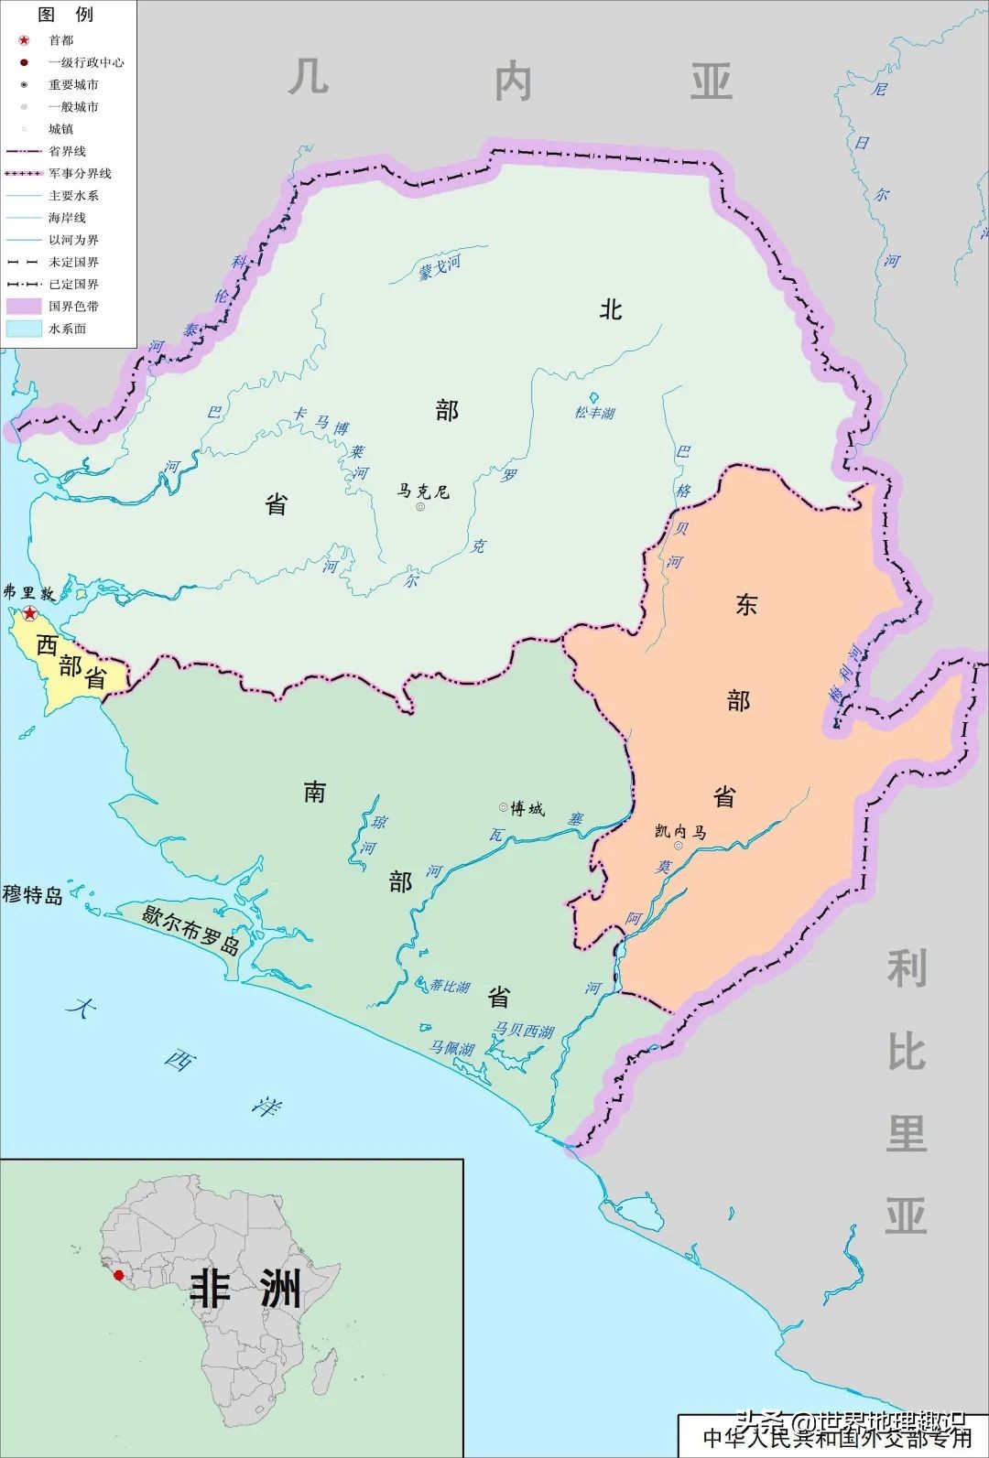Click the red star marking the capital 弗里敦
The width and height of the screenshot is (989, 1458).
coord(30,612)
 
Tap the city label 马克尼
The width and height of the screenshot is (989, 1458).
coord(423,491)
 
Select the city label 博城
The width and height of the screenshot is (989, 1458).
coord(527,808)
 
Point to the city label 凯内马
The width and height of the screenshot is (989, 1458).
coord(680,831)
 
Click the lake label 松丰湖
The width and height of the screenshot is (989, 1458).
coord(594,413)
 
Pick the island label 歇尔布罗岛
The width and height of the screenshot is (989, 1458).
coord(190,929)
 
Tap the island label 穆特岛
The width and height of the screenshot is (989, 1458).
coord(32,894)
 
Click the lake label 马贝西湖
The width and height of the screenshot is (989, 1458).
coord(524,1031)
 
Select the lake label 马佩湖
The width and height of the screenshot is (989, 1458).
coord(452,1048)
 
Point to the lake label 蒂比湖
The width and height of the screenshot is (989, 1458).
coord(450,986)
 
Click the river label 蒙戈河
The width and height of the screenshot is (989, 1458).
coord(440,268)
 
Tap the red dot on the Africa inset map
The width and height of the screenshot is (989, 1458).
coord(117,1274)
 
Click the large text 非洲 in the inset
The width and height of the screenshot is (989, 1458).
coord(245,1289)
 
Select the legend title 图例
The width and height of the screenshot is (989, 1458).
coord(65,15)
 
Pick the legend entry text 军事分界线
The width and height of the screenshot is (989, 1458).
coord(80,173)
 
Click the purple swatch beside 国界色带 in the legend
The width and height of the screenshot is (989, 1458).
coord(24,306)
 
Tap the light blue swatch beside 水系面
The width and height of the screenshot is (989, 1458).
coord(24,328)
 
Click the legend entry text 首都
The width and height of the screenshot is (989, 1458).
coord(61,40)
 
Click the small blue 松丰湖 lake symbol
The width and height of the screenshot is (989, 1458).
coord(594,398)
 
